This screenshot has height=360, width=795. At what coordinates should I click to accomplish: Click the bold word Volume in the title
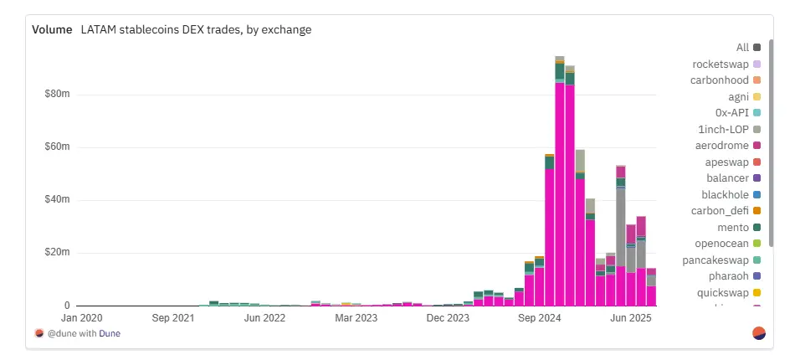click(x=53, y=29)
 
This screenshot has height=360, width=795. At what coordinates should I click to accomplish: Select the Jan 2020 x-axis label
click(x=82, y=318)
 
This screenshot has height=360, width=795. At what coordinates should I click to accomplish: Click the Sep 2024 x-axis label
click(x=538, y=318)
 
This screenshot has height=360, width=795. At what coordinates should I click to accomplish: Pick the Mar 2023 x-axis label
click(x=356, y=318)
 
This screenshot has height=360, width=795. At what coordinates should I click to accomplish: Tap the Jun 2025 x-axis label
click(x=630, y=318)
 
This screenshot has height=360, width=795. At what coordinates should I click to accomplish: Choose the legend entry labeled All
click(x=741, y=48)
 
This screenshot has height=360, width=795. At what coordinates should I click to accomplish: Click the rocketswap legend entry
click(x=721, y=64)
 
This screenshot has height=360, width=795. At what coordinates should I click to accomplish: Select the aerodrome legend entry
click(x=721, y=146)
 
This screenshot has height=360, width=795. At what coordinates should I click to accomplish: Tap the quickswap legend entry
click(x=722, y=292)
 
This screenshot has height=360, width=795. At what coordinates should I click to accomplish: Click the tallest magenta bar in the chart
click(x=560, y=193)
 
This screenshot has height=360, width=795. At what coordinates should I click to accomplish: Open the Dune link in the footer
click(x=110, y=333)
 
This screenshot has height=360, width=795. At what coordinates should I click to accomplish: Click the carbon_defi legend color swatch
click(x=757, y=211)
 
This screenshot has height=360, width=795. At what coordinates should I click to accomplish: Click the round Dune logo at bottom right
click(x=759, y=333)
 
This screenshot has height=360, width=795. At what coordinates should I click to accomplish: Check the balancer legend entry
click(x=726, y=178)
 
